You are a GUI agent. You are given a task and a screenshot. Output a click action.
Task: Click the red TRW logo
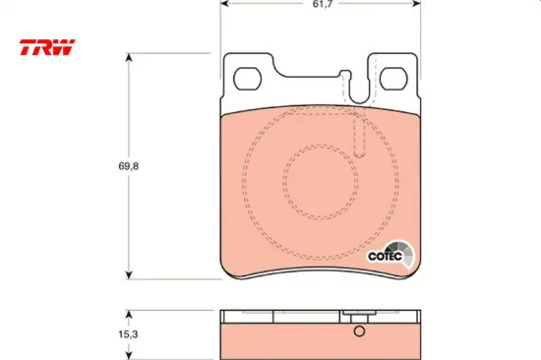[47, 47]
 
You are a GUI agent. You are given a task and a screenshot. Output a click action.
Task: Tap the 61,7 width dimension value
[323, 4]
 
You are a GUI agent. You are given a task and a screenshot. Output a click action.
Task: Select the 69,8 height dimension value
[129, 166]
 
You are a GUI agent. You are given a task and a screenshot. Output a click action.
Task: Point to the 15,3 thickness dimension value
[128, 334]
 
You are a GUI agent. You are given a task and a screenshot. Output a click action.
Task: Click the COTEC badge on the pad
[391, 255]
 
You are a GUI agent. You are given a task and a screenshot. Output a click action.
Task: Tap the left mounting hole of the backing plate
[247, 79]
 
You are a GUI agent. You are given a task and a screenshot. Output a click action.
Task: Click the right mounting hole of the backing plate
[393, 79]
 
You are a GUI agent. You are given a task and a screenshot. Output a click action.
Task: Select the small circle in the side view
[359, 331]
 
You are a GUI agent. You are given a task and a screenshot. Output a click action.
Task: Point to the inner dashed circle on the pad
[321, 145]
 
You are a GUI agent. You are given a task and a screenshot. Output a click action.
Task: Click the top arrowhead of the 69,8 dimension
[129, 57]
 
